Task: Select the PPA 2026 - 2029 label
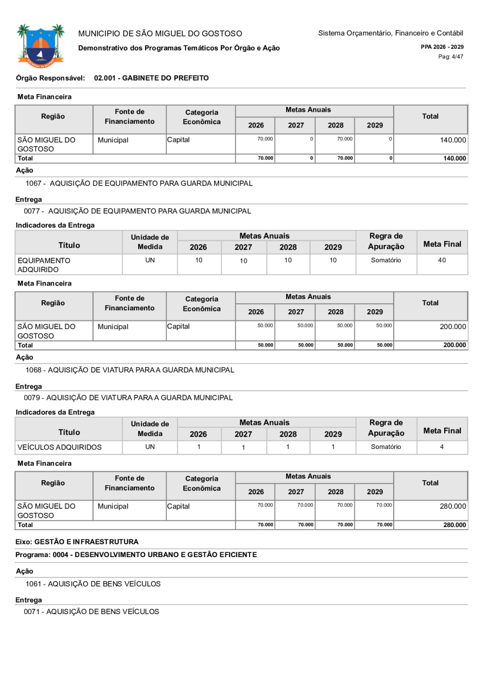point(442,47)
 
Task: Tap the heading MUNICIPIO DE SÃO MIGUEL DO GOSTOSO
point(160,34)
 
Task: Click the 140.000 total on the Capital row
point(453,139)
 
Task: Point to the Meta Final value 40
point(442,260)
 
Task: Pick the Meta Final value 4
point(442,447)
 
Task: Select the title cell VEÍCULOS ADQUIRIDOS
point(59,447)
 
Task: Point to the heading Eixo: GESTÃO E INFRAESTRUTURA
point(77,541)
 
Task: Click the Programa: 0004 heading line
point(136,554)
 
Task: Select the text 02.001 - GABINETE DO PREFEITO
point(151,78)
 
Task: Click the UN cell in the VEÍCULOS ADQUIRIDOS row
point(150,447)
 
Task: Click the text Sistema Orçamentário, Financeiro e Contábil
point(390,33)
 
